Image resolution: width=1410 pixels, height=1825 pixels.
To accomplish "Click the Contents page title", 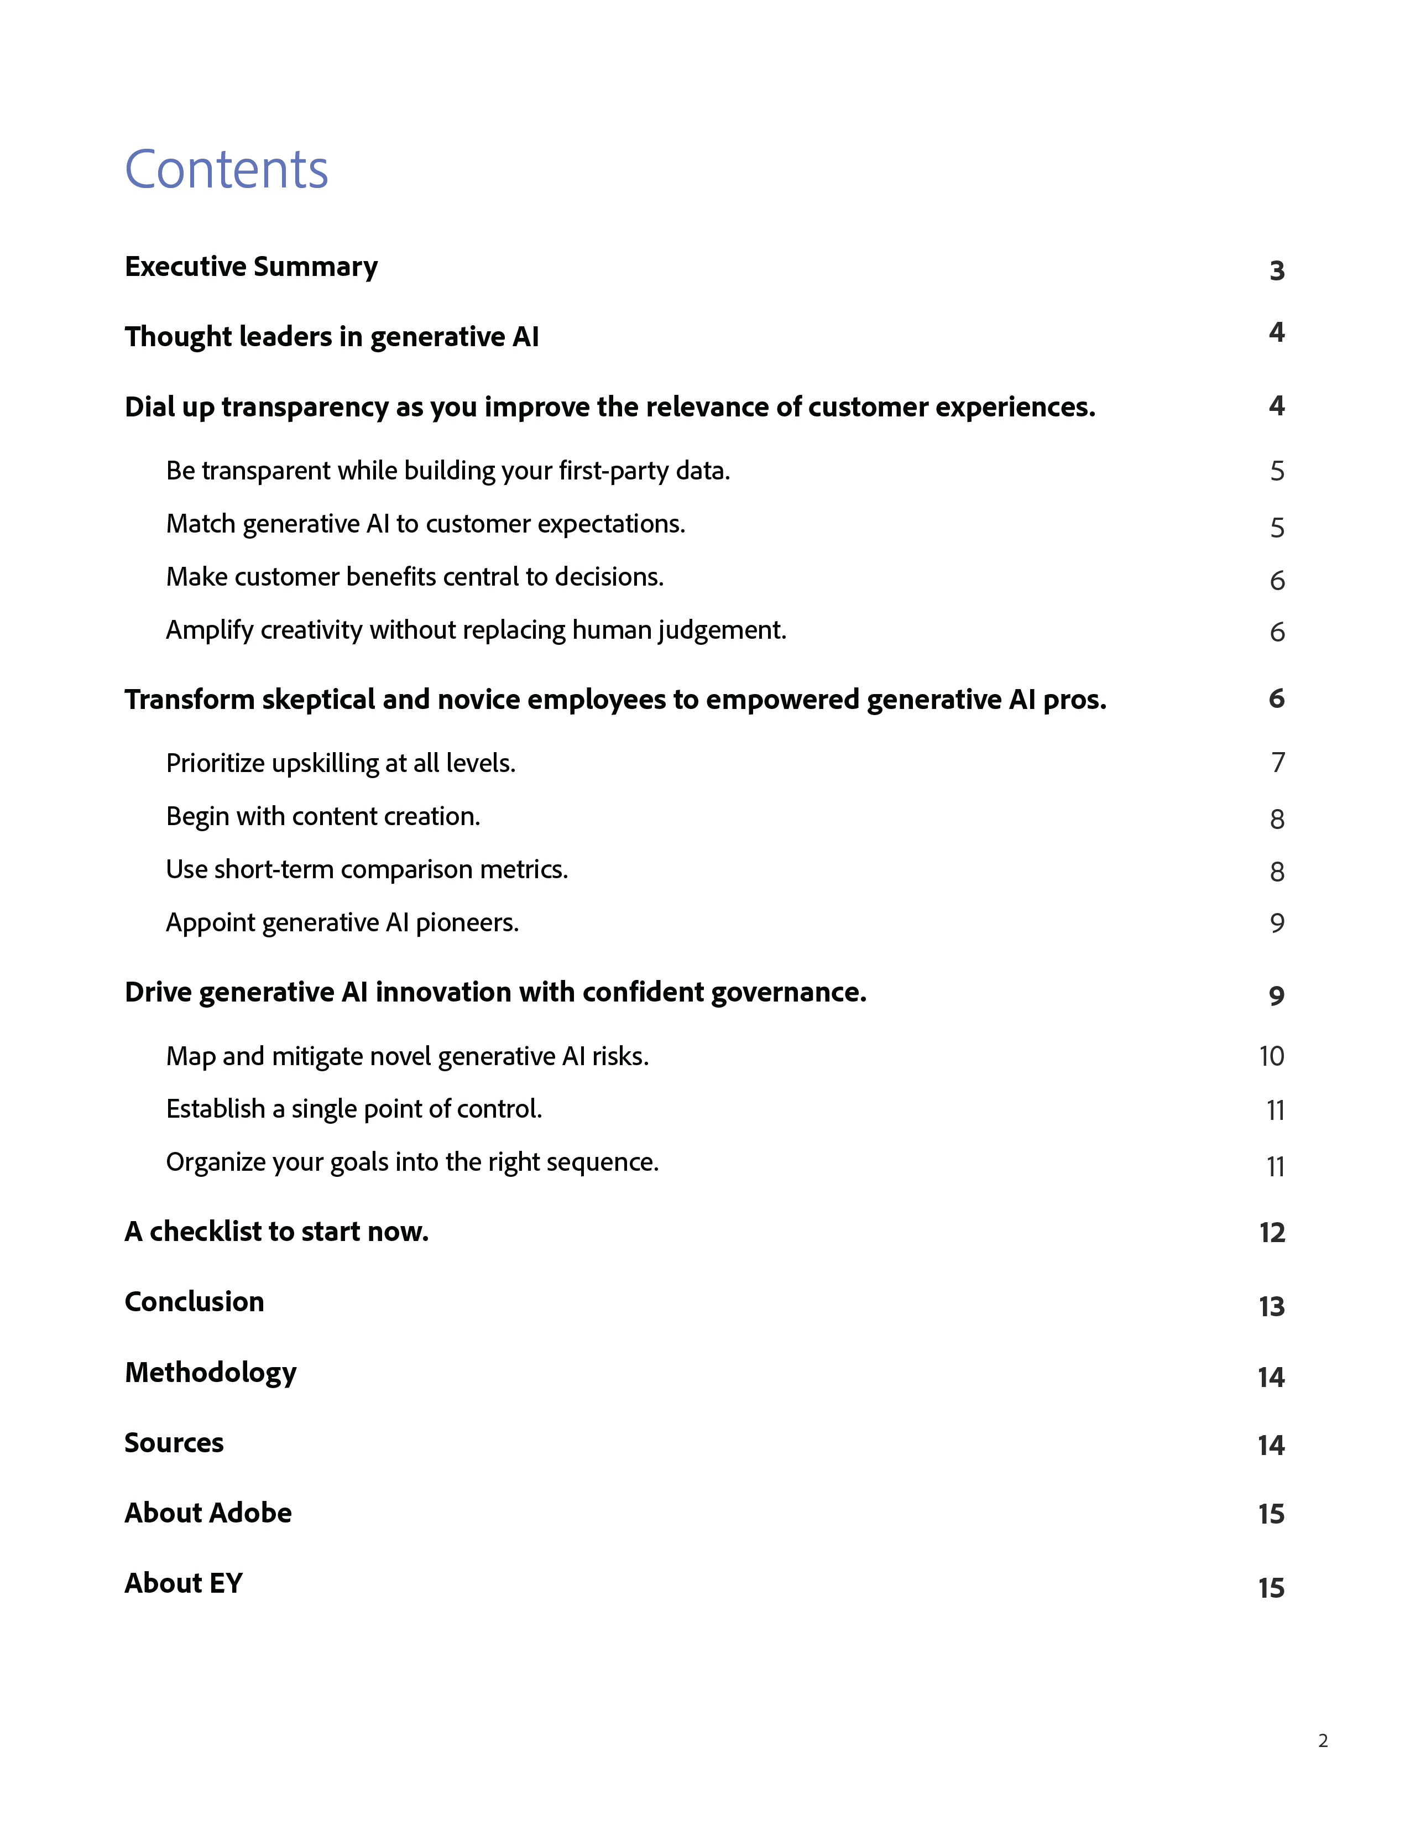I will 226,170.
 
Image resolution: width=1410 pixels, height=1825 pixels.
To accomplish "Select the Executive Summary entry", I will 250,267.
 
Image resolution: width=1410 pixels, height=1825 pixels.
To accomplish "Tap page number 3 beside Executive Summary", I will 1276,271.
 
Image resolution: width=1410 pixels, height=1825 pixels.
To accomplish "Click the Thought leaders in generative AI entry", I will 332,337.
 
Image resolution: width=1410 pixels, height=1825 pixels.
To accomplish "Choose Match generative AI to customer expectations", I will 425,524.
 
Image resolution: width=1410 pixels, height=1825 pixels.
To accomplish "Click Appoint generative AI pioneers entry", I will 342,922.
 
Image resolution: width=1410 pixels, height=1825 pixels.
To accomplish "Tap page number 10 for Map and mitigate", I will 1271,1056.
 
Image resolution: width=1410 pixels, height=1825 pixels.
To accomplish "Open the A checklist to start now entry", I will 276,1232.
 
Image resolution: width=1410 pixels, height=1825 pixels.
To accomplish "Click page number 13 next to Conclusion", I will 1271,1306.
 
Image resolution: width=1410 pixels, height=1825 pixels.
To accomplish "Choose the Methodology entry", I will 211,1373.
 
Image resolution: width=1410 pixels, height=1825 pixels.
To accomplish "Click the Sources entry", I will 174,1443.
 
